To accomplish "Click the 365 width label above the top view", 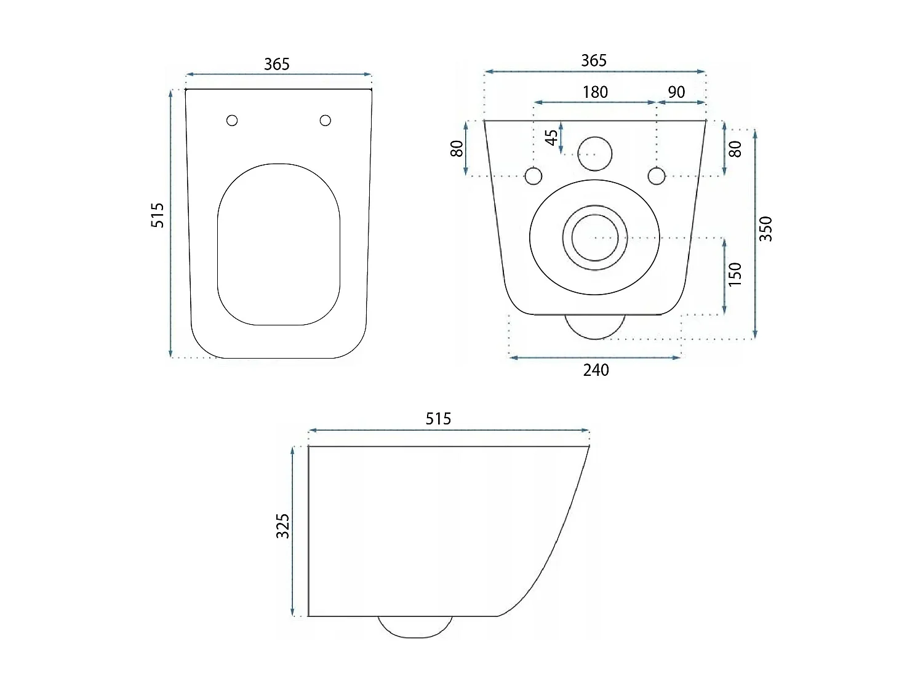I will pos(276,64).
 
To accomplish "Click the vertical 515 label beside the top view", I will pos(158,215).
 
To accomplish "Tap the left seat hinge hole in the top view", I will pos(232,121).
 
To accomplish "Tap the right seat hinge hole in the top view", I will pos(326,121).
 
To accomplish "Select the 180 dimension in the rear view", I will pos(595,92).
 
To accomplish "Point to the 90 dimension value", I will pos(676,92).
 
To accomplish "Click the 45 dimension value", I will pos(553,137).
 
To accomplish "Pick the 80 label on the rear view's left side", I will pos(457,148).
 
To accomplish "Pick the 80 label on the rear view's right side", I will pos(735,148).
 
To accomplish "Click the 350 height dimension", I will pos(765,229).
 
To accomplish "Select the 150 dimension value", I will pos(735,274).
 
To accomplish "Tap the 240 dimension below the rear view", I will pos(596,370).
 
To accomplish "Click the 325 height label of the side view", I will pos(282,526).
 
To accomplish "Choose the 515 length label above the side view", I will pos(438,419).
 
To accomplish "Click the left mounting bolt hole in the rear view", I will pos(533,176).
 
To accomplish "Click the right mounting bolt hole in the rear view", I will pos(657,176).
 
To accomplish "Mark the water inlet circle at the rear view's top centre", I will pos(595,153).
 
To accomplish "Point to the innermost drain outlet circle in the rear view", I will pos(595,237).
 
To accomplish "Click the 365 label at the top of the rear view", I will pos(594,60).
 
